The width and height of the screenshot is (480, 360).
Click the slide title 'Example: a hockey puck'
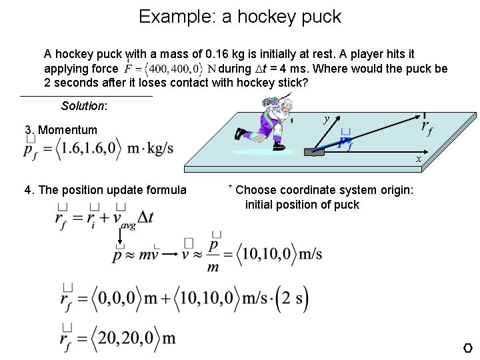click(240, 17)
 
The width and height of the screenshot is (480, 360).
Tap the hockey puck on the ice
click(314, 153)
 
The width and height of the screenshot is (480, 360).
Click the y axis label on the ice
click(326, 120)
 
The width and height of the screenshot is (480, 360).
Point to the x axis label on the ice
click(419, 159)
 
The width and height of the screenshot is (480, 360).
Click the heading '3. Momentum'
click(61, 130)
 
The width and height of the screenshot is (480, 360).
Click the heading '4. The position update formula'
click(105, 190)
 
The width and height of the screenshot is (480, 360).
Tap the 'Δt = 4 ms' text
click(260, 69)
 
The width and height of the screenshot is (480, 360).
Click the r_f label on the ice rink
click(426, 126)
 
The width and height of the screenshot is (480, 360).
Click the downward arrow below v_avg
click(120, 237)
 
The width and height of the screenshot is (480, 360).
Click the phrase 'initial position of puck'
click(302, 205)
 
